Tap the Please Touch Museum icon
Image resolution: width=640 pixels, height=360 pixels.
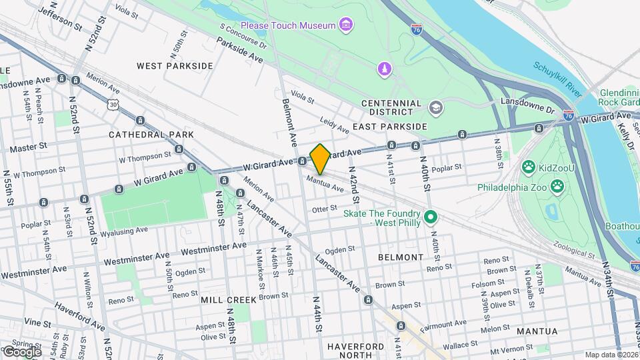pos(345,26)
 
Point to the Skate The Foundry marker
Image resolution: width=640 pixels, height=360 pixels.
pos(430,217)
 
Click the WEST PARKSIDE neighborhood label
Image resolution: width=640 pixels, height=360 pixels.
pos(174,66)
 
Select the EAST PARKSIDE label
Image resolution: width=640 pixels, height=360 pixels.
pos(389,127)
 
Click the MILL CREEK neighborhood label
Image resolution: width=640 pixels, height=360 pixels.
pos(229,300)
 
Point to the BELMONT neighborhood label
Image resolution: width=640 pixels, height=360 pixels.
pos(401,257)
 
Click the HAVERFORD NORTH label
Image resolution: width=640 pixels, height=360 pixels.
pos(355,351)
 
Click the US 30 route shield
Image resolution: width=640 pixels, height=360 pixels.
pos(113,105)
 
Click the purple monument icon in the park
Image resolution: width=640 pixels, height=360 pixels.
pos(384,69)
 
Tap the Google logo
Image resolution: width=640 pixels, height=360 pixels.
pos(21,351)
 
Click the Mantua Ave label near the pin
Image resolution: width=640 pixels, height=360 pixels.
pos(325,185)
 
